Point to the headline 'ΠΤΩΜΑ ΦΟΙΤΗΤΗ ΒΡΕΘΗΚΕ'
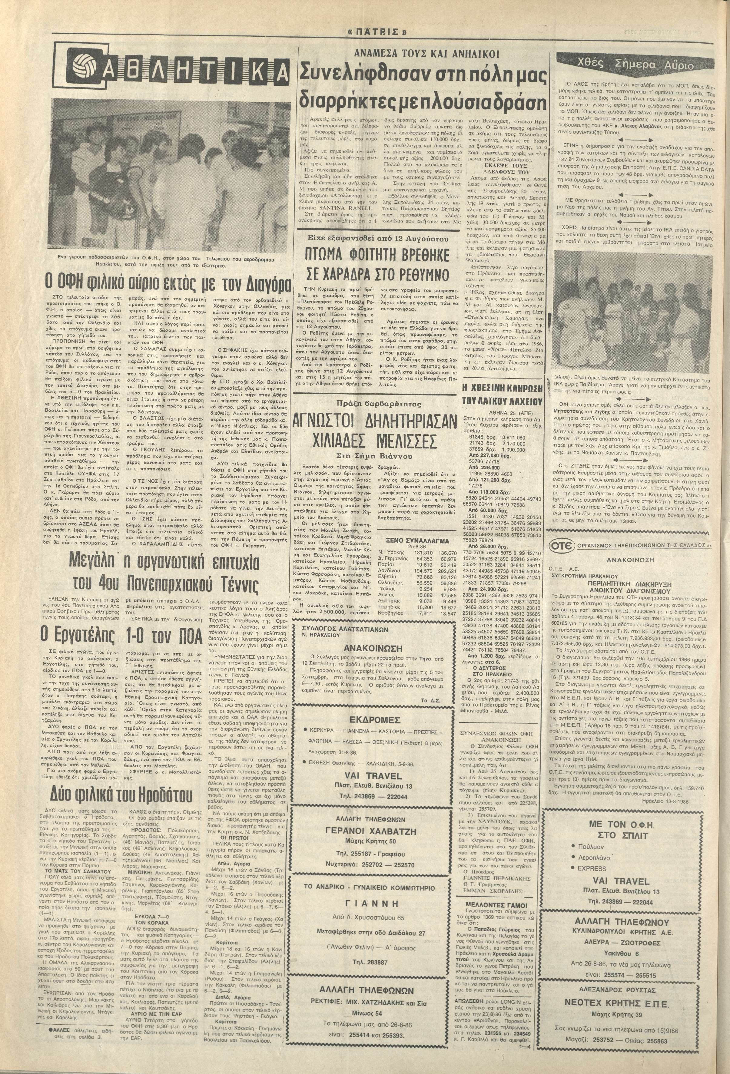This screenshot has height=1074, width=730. [376, 256]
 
